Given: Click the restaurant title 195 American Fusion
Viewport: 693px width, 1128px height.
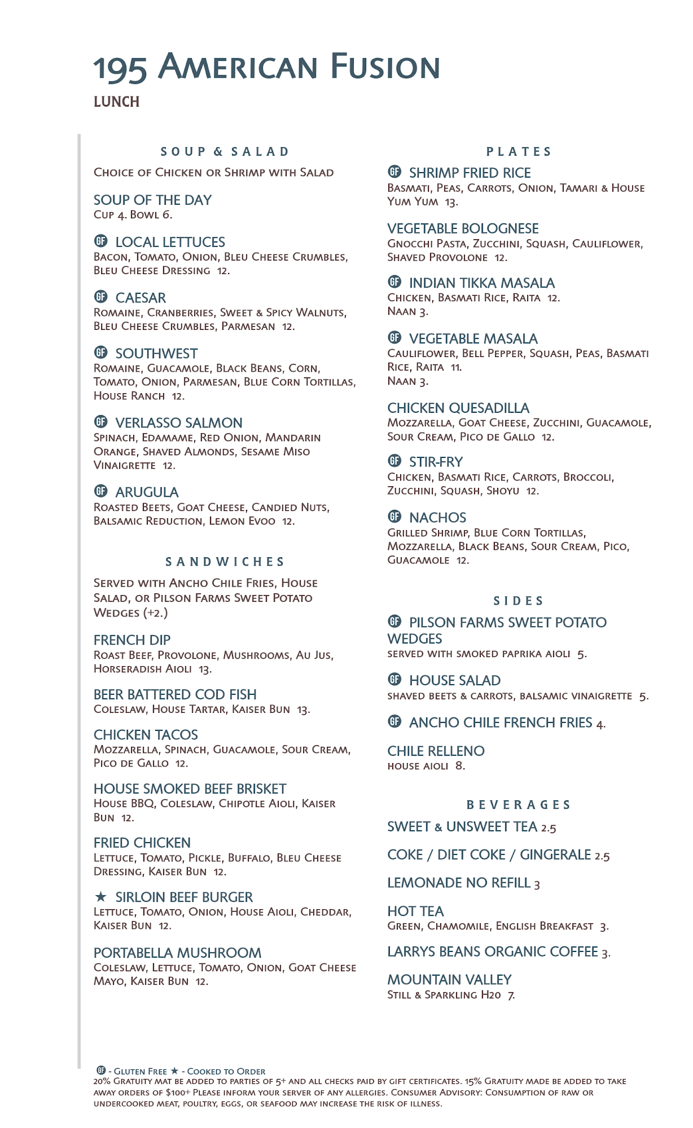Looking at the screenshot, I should tap(266, 68).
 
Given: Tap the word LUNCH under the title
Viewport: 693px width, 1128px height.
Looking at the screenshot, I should tap(116, 102).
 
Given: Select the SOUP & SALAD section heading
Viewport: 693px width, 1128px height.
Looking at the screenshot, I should tap(225, 152).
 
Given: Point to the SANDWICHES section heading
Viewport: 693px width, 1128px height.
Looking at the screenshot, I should tap(225, 562).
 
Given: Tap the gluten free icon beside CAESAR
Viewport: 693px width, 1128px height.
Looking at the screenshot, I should tap(100, 297).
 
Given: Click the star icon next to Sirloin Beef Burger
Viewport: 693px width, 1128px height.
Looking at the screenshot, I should tap(100, 897).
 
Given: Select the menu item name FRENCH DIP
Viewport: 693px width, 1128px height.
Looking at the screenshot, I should tap(132, 640).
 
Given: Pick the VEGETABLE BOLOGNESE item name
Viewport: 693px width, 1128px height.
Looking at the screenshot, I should tap(463, 228).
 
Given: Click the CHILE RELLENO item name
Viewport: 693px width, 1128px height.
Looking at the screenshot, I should tap(436, 751).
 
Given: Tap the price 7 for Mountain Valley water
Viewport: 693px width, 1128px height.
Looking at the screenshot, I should tap(511, 995).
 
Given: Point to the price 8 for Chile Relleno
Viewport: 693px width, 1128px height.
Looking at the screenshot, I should tap(460, 766).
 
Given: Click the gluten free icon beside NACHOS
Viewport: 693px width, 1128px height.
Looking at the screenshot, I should tap(394, 517).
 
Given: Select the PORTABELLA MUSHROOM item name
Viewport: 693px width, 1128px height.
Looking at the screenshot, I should tap(177, 953).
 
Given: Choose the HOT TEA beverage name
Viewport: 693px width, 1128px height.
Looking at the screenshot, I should tap(415, 911).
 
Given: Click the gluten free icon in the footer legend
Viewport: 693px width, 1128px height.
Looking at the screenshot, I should tap(101, 1070).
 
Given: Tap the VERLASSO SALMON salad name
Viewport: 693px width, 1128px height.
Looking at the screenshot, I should tap(179, 423).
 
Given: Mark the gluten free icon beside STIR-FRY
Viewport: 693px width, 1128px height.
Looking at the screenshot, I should tap(394, 461).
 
